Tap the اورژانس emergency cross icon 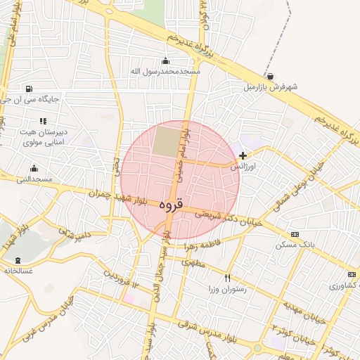pyautogui.click(x=243, y=155)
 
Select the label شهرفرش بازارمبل pyautogui.click(x=271, y=87)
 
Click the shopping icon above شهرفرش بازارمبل pyautogui.click(x=271, y=77)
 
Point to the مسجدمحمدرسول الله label pyautogui.click(x=165, y=71)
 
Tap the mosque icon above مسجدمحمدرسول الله pyautogui.click(x=165, y=60)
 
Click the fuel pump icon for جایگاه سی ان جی pyautogui.click(x=28, y=89)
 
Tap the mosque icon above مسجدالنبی pyautogui.click(x=34, y=168)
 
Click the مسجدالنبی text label pyautogui.click(x=34, y=179)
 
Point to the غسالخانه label pyautogui.click(x=17, y=270)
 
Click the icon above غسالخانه pyautogui.click(x=17, y=259)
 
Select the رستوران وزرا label pyautogui.click(x=227, y=289)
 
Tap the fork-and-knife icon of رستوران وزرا pyautogui.click(x=227, y=278)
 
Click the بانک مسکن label pyautogui.click(x=295, y=245)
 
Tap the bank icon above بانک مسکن pyautogui.click(x=295, y=234)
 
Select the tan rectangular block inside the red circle pyautogui.click(x=167, y=141)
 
